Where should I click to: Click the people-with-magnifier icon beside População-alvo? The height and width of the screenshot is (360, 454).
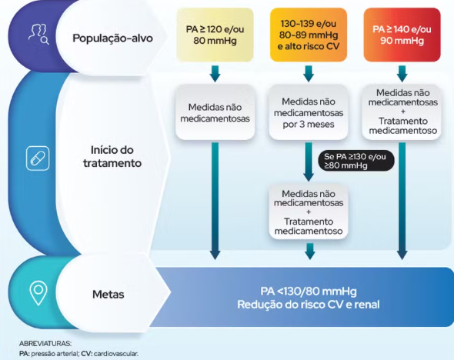click(x=38, y=35)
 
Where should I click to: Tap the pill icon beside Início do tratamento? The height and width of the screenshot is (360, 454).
click(x=38, y=158)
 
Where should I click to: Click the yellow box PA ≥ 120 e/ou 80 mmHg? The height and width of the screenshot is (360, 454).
click(x=215, y=35)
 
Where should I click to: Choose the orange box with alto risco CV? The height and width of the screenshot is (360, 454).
click(x=309, y=35)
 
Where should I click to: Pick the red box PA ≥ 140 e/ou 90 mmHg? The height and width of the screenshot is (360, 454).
click(x=402, y=35)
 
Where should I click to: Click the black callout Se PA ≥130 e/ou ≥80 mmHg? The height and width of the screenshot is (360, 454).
click(x=356, y=161)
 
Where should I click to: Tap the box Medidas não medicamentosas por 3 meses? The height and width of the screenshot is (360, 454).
click(x=309, y=112)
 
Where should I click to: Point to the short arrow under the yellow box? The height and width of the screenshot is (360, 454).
click(x=215, y=74)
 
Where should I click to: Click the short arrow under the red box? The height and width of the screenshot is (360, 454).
click(x=402, y=74)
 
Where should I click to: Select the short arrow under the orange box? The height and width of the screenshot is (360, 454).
click(x=309, y=74)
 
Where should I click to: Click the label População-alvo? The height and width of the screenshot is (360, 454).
click(x=112, y=38)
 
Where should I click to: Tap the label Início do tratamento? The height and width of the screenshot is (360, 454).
click(x=112, y=157)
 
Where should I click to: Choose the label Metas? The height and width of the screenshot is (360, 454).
click(x=108, y=295)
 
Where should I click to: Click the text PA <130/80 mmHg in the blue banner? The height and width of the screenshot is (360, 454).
click(x=309, y=291)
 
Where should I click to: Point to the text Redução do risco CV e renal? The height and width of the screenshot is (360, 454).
click(x=309, y=305)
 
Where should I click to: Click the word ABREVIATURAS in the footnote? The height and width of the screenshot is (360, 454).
click(x=45, y=344)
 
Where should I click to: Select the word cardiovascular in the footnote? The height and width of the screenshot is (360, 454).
click(x=116, y=354)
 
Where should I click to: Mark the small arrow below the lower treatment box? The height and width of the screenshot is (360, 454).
click(x=309, y=252)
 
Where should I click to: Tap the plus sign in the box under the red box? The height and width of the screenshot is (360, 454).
click(x=402, y=112)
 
